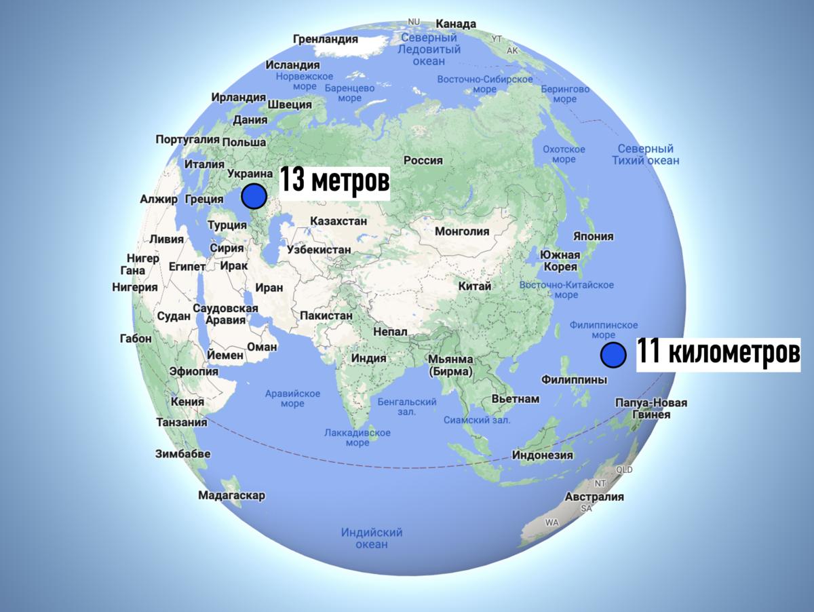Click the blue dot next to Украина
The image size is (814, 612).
(x=254, y=196)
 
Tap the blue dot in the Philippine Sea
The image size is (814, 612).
(x=613, y=355)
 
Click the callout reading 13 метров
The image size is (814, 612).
(x=335, y=183)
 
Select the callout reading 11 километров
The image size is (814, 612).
(x=718, y=353)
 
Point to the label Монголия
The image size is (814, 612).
(x=462, y=231)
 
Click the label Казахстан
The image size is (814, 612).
(x=338, y=221)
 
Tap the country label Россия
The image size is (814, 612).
(x=423, y=161)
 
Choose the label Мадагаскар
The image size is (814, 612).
(x=231, y=495)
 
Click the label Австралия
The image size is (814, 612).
(x=594, y=497)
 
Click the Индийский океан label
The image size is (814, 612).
(x=372, y=538)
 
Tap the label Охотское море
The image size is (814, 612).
(x=564, y=154)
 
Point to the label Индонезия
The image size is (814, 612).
(x=543, y=455)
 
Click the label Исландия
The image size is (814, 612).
(x=292, y=65)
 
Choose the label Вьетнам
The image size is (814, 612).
(x=516, y=399)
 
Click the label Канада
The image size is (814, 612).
(x=455, y=24)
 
